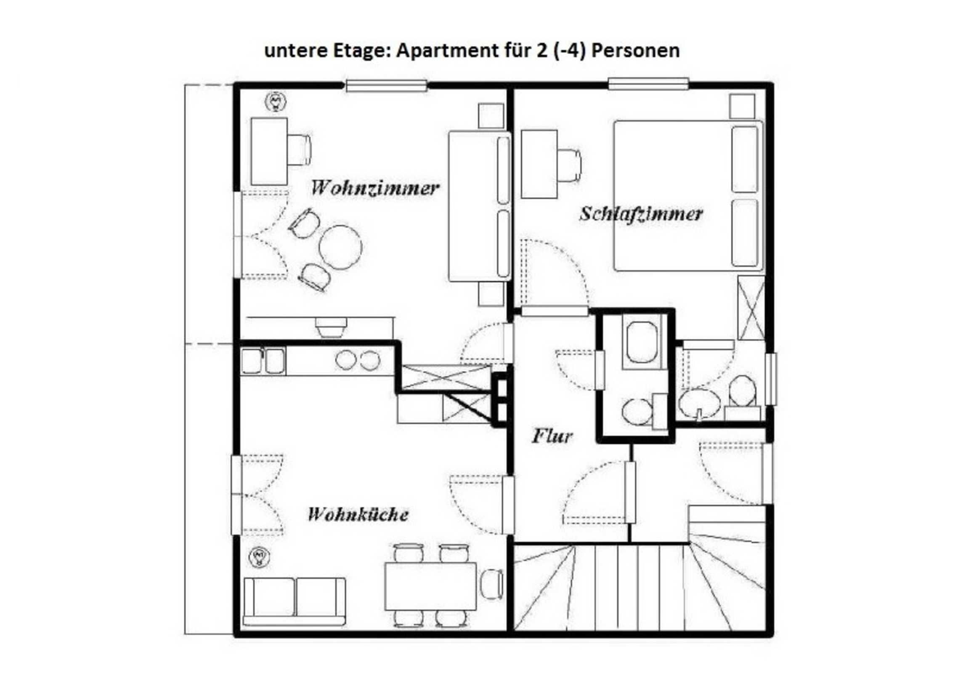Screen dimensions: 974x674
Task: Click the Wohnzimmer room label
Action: [375, 188]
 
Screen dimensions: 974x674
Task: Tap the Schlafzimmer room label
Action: [641, 214]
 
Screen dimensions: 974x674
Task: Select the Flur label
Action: [552, 436]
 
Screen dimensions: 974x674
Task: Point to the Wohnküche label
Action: [358, 514]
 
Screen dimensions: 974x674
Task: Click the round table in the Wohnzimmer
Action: [340, 247]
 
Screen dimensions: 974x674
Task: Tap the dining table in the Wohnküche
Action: [430, 586]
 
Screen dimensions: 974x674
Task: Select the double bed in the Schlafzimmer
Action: [688, 195]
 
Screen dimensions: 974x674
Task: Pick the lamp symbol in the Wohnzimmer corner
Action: [276, 102]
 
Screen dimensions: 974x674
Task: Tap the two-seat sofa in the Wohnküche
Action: [295, 602]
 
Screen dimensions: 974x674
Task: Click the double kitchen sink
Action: [263, 361]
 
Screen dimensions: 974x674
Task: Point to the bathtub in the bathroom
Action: [642, 342]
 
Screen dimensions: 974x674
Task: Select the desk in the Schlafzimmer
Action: [539, 164]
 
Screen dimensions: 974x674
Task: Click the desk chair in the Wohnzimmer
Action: [299, 150]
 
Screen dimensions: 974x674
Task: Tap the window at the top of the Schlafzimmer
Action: [648, 83]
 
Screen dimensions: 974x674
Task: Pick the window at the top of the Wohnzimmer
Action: [386, 86]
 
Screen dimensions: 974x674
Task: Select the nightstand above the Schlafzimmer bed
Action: [743, 106]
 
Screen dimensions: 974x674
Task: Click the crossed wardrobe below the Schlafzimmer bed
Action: [751, 308]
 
